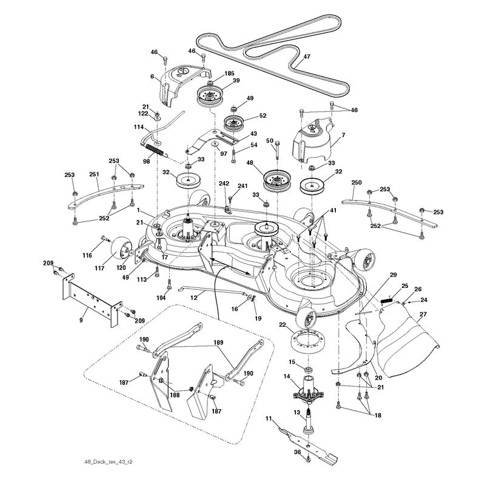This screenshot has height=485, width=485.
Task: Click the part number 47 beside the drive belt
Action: coord(307,57)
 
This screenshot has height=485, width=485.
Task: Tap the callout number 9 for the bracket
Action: coord(81,320)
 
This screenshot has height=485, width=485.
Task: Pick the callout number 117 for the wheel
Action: coord(99,268)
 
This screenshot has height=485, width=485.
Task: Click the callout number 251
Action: coord(94,175)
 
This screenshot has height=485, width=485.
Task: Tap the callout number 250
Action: coord(356,182)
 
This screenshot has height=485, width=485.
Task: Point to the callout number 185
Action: coord(229,73)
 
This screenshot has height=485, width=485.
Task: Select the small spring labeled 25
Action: coord(386,300)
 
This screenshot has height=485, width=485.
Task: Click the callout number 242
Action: coord(224,184)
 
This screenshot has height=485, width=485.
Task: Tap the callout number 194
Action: coord(161,298)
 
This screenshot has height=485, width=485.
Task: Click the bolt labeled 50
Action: coord(277,150)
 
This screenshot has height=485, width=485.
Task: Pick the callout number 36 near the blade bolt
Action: coord(297,452)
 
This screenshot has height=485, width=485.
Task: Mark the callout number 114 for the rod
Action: coord(139,127)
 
